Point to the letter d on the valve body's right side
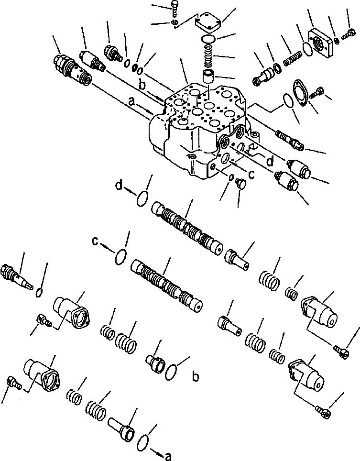pyautogui.click(x=270, y=162)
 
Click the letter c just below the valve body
pyautogui.click(x=251, y=175)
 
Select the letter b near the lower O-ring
pyautogui.click(x=195, y=378)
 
